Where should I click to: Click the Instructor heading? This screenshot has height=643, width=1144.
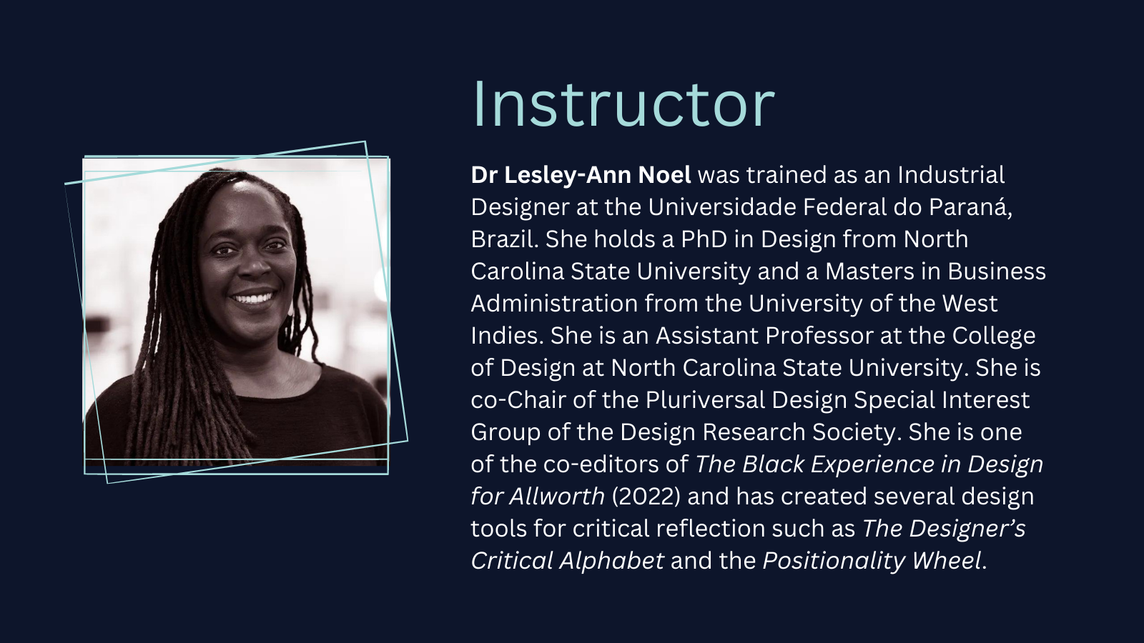click(623, 104)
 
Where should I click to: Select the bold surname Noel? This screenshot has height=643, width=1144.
click(664, 175)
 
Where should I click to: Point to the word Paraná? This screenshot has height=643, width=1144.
click(970, 206)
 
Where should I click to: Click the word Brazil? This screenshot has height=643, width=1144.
click(505, 239)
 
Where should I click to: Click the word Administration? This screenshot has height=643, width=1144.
click(554, 304)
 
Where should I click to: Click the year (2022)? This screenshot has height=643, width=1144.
click(646, 497)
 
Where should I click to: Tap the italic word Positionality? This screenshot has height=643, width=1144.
click(834, 562)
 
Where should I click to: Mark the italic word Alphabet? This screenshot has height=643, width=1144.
click(612, 562)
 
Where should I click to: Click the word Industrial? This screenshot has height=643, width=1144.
click(951, 175)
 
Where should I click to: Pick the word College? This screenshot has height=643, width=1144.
click(993, 337)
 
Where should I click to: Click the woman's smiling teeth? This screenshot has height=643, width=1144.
click(254, 297)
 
